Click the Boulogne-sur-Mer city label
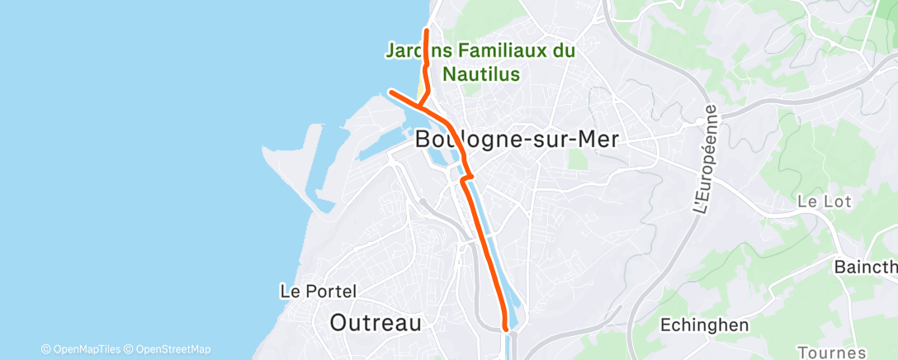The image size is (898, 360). (517, 140)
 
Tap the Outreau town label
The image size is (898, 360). (376, 322)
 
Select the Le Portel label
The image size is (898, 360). (319, 291)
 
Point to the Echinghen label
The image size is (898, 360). (705, 324)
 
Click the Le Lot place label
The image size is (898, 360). (824, 201)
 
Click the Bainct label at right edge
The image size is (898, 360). (866, 268)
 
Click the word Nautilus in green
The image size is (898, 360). (481, 73)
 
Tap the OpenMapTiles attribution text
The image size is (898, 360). (86, 349)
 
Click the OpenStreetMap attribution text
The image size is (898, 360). (173, 349)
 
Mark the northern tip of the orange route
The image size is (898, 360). (426, 31)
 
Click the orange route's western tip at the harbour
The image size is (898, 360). (391, 92)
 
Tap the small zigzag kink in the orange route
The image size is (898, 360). (466, 176)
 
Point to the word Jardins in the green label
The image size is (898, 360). (417, 51)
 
